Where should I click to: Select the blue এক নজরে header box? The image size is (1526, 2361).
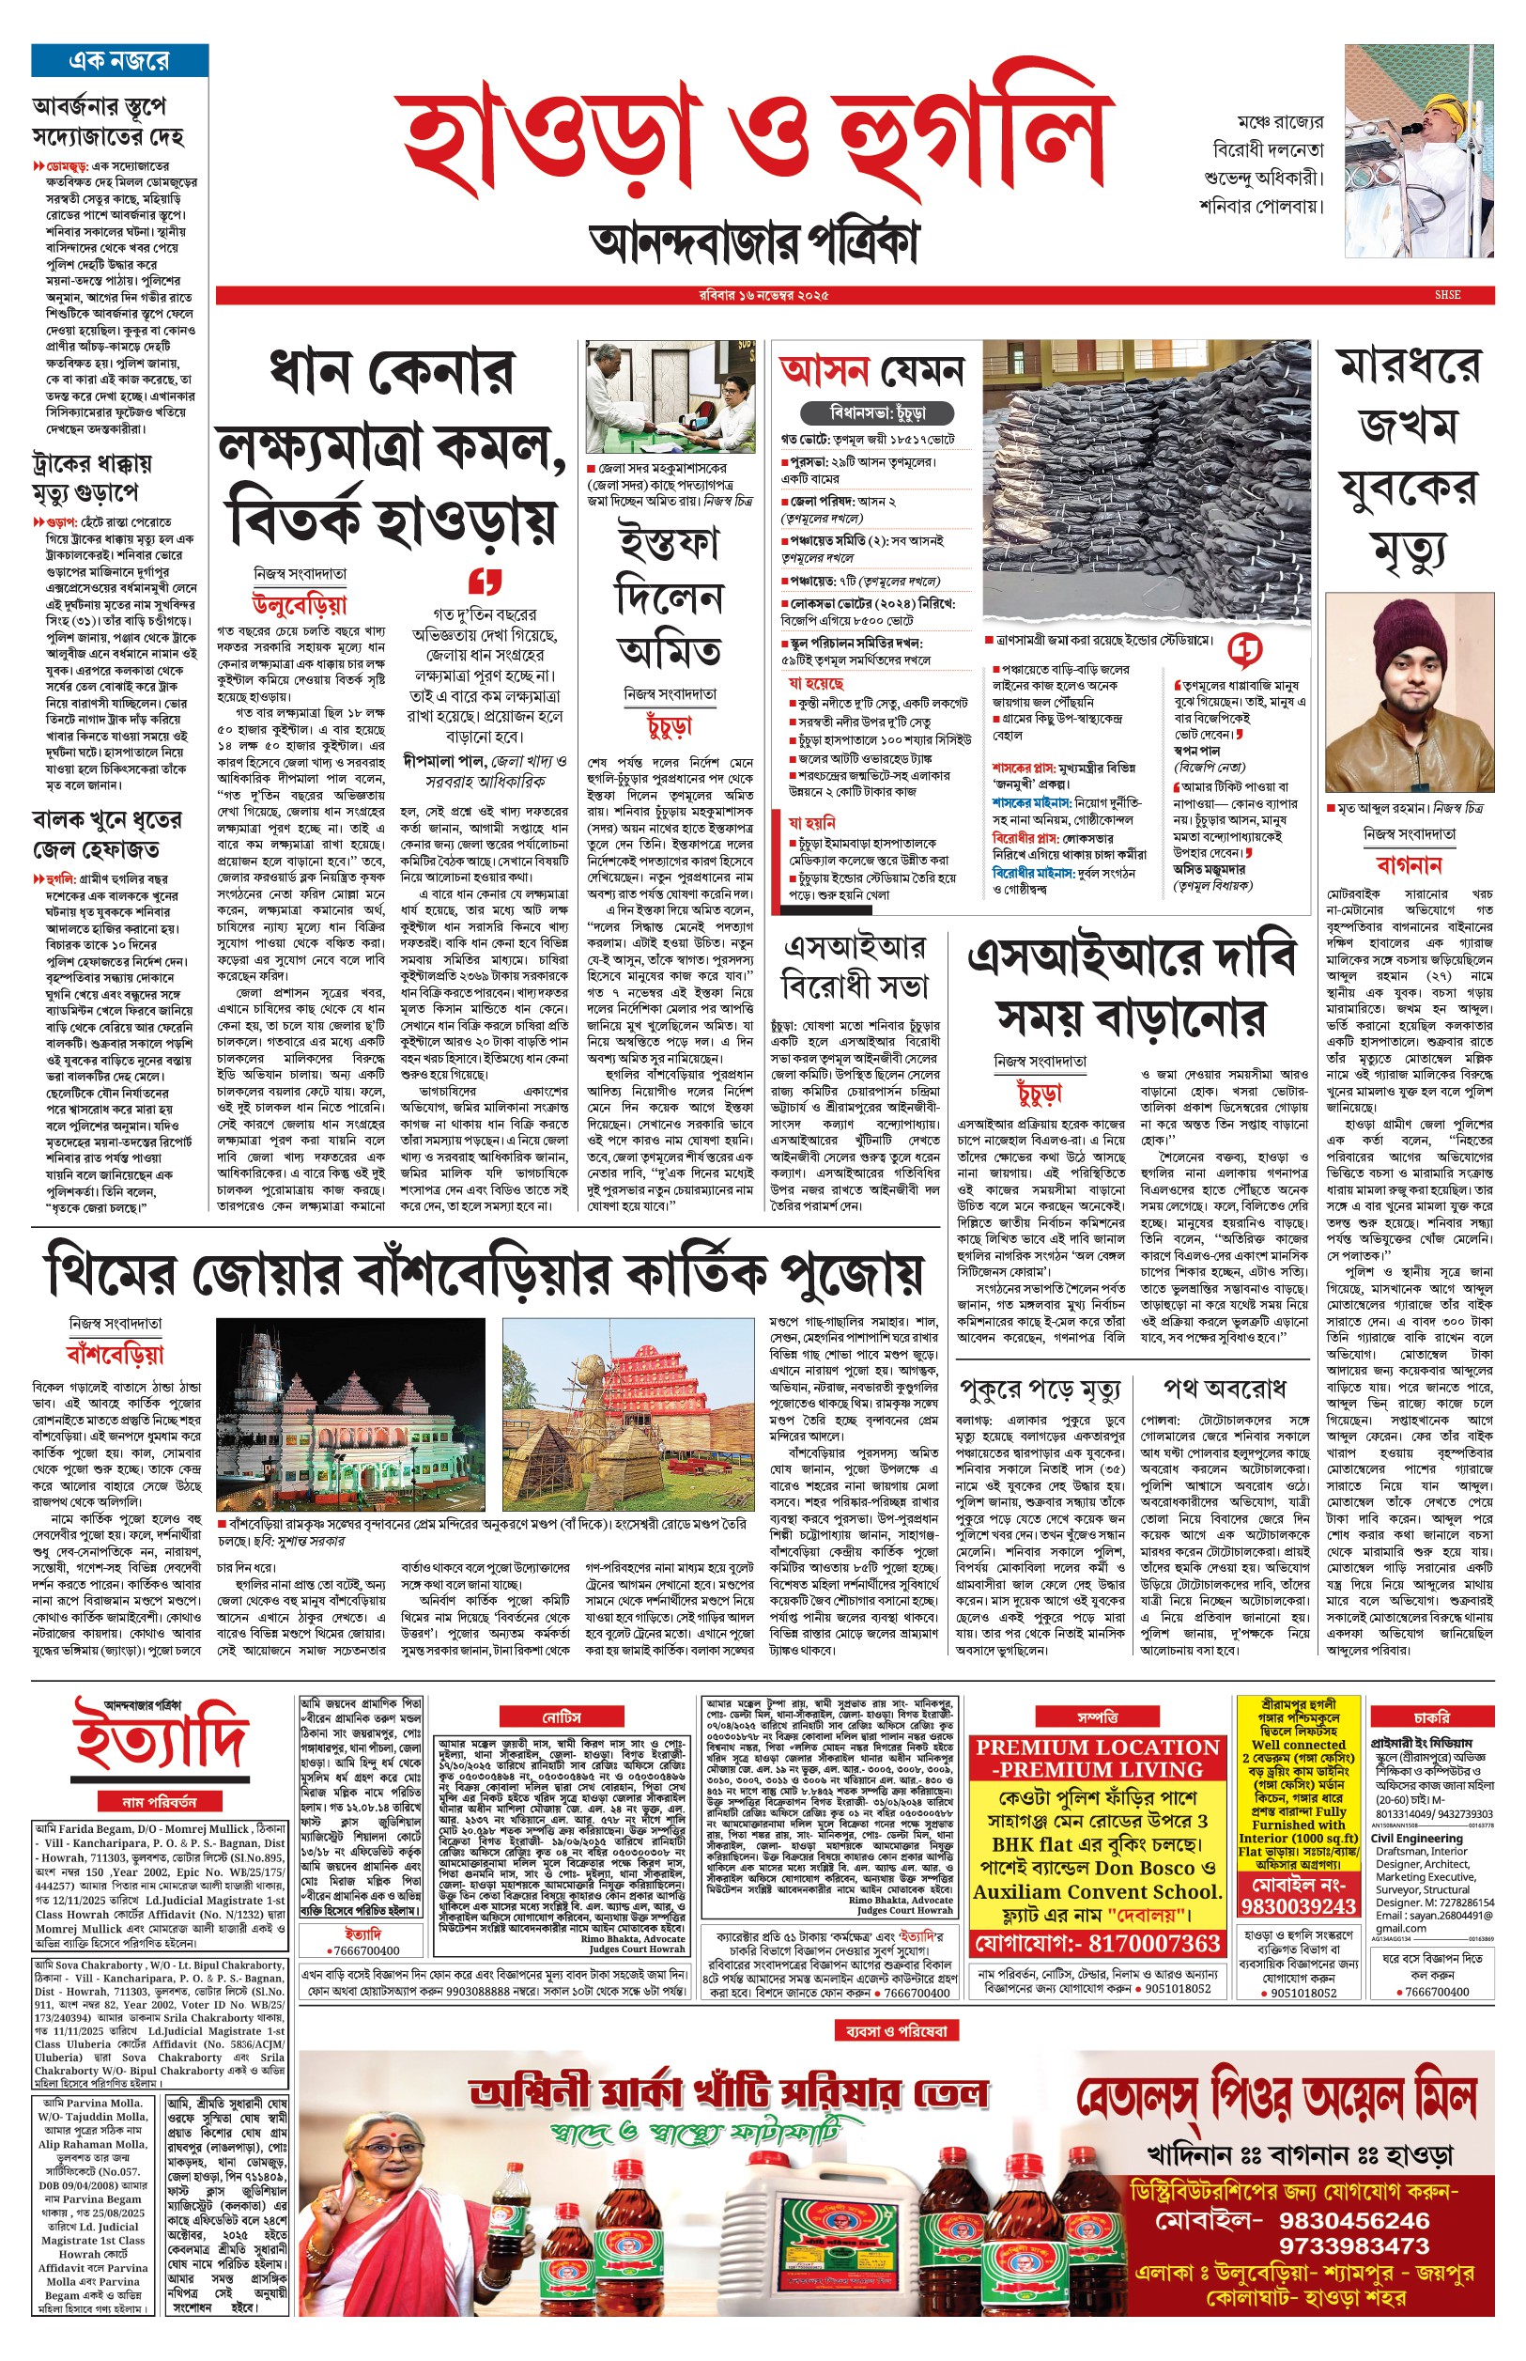pyautogui.click(x=119, y=60)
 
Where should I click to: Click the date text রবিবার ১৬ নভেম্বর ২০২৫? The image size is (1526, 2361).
pyautogui.click(x=763, y=295)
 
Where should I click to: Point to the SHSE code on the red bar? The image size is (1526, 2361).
pyautogui.click(x=1447, y=295)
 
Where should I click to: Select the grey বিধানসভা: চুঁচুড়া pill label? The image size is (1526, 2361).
pyautogui.click(x=877, y=412)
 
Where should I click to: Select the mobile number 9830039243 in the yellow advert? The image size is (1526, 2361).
pyautogui.click(x=1297, y=1906)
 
